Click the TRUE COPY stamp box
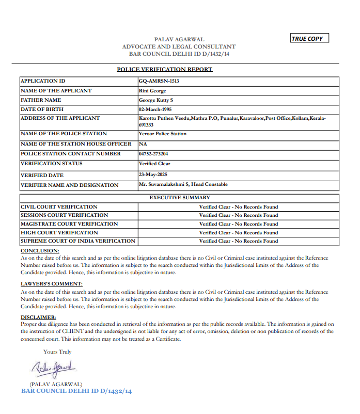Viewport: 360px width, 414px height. (x=309, y=39)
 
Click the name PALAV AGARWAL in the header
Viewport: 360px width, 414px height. (x=179, y=39)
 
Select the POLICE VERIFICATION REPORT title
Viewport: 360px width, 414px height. (x=164, y=69)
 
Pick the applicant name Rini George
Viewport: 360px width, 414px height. (x=152, y=91)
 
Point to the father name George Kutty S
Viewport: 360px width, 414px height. (x=156, y=100)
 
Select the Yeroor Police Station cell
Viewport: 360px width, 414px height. (x=163, y=134)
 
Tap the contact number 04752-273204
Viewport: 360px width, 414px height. (x=153, y=154)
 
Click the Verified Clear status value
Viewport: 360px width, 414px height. (x=154, y=164)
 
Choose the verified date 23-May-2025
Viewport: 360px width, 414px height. (x=153, y=174)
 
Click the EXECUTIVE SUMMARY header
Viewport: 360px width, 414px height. (x=180, y=198)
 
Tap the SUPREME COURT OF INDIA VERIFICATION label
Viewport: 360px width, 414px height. (x=77, y=241)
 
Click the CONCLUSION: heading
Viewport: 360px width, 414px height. (x=40, y=251)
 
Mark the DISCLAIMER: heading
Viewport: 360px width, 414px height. (x=38, y=317)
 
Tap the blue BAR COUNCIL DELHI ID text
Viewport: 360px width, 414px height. (x=76, y=391)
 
